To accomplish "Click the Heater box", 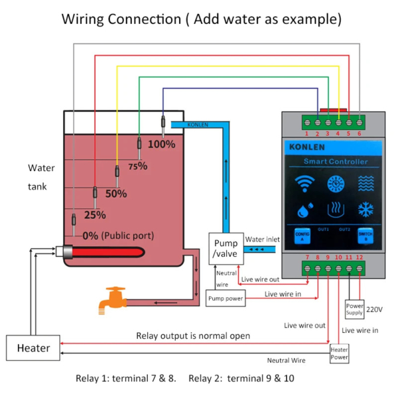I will [33, 348].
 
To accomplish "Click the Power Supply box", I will [355, 309].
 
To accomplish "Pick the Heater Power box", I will [339, 353].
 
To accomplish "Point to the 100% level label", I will [161, 143].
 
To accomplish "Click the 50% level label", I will [116, 194].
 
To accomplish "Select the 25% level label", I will [95, 215].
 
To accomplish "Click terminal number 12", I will [360, 257].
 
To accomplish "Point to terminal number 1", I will [306, 133].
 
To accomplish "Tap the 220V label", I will [375, 309].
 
